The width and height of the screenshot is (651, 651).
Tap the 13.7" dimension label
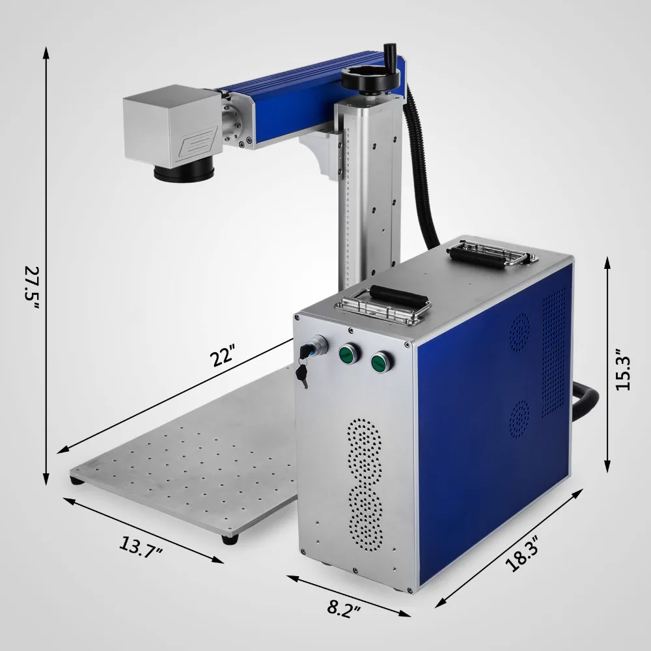pos(141,547)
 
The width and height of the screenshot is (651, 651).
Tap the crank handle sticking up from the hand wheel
pos(391,53)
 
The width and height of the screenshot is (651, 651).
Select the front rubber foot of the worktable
pos(229,539)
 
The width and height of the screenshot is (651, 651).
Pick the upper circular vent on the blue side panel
pos(519,330)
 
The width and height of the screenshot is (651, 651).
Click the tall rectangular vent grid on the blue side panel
pos(554,352)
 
